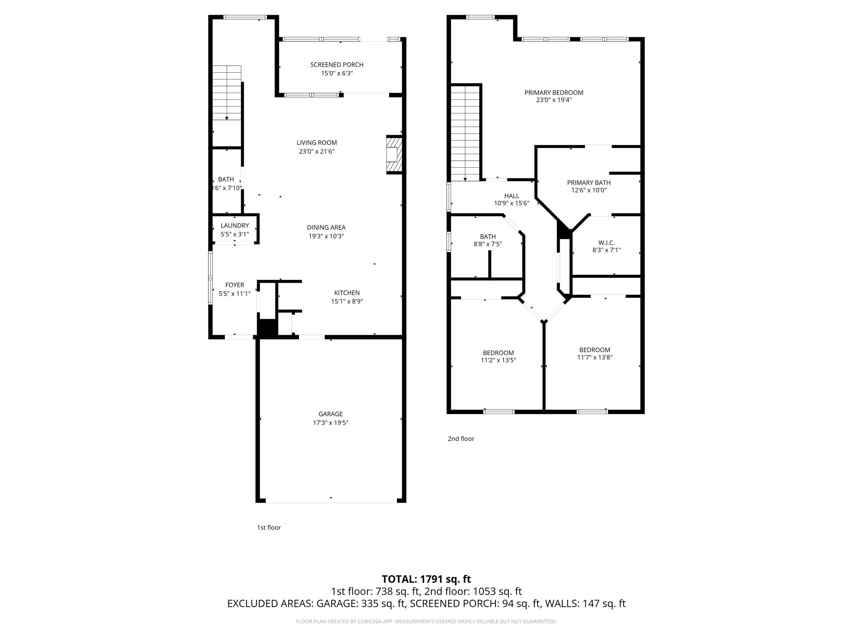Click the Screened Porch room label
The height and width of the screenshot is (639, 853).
point(337,65)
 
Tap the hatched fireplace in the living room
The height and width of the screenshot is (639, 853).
point(394,154)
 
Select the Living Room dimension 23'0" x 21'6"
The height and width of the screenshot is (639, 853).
point(317,151)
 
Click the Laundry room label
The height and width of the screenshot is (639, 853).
point(234,225)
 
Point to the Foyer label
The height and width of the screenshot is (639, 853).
point(234,285)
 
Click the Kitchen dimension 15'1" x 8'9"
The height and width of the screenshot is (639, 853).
point(347,302)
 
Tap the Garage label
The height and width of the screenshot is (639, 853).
point(331,414)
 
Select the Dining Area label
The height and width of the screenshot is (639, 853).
point(326,227)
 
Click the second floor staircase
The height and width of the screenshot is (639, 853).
point(465,133)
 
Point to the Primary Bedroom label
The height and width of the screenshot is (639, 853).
point(553,92)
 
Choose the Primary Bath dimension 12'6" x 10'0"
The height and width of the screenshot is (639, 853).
point(589,190)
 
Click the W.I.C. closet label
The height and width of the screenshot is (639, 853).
point(606,243)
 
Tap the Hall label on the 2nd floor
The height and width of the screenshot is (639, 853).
point(511,196)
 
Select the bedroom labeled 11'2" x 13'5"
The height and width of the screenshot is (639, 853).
point(498,356)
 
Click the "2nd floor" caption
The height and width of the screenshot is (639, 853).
point(461,439)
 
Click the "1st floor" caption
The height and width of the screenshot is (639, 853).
point(269,528)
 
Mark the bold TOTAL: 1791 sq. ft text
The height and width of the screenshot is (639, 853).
point(426,579)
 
